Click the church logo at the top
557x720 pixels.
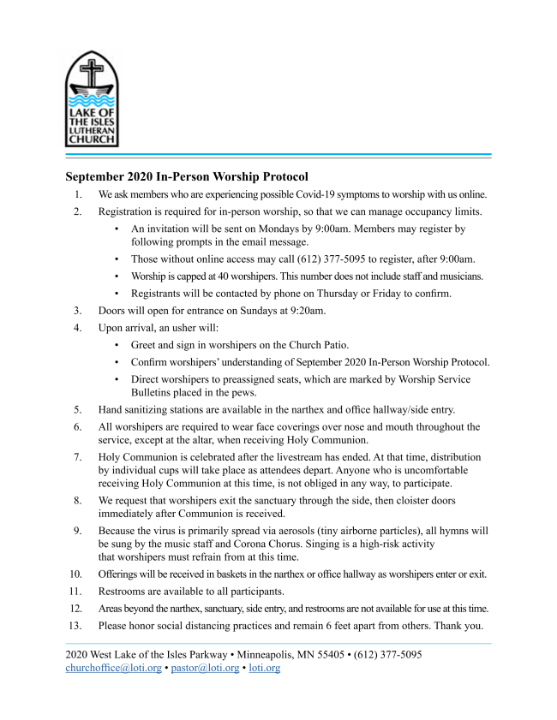(x=93, y=100)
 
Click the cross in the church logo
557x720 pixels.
(x=93, y=69)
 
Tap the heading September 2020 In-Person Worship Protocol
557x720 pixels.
(x=186, y=177)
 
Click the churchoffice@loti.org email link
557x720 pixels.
(x=113, y=668)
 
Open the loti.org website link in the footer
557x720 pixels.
(x=264, y=668)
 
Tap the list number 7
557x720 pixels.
(x=77, y=457)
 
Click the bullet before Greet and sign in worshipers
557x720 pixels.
(x=117, y=344)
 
